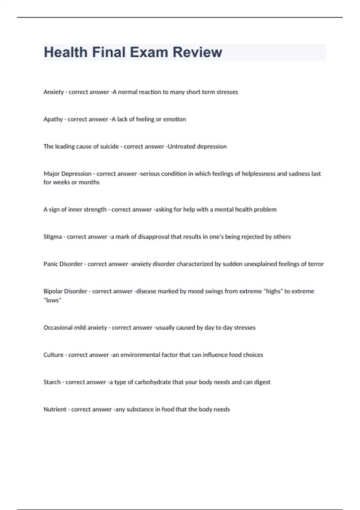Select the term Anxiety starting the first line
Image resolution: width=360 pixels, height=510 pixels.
point(53,92)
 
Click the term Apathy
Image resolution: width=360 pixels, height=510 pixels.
point(53,119)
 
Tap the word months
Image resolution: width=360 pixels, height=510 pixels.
point(89,182)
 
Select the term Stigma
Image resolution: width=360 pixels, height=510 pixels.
point(52,237)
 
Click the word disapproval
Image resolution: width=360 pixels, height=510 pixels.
point(153,237)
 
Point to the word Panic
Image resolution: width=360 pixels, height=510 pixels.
point(50,264)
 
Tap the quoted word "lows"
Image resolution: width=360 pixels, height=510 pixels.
point(52,300)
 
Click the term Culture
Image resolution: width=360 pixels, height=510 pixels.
point(53,355)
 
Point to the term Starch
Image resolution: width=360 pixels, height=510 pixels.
point(52,382)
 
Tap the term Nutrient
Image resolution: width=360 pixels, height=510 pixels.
point(55,409)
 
